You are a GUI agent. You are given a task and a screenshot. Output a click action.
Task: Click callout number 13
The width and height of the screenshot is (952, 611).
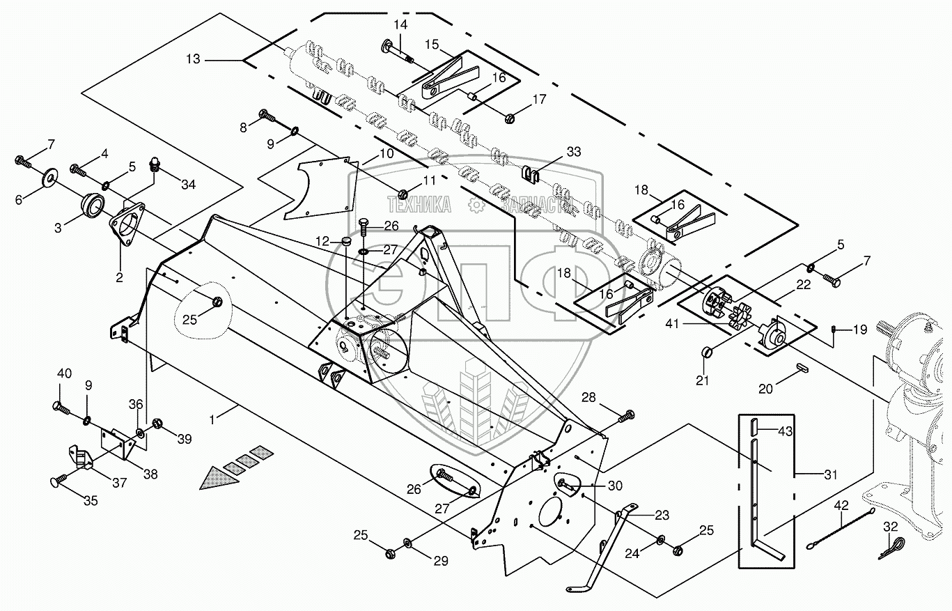[193, 59]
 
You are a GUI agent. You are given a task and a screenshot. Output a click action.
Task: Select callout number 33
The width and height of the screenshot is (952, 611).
[572, 151]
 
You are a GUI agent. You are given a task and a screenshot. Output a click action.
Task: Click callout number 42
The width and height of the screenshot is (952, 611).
[842, 505]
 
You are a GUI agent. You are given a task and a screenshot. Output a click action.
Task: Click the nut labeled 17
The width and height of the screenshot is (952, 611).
[508, 117]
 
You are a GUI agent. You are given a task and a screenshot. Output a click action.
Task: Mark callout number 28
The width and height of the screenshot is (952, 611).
[589, 397]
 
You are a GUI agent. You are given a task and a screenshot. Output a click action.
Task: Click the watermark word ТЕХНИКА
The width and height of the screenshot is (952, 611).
[419, 204]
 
